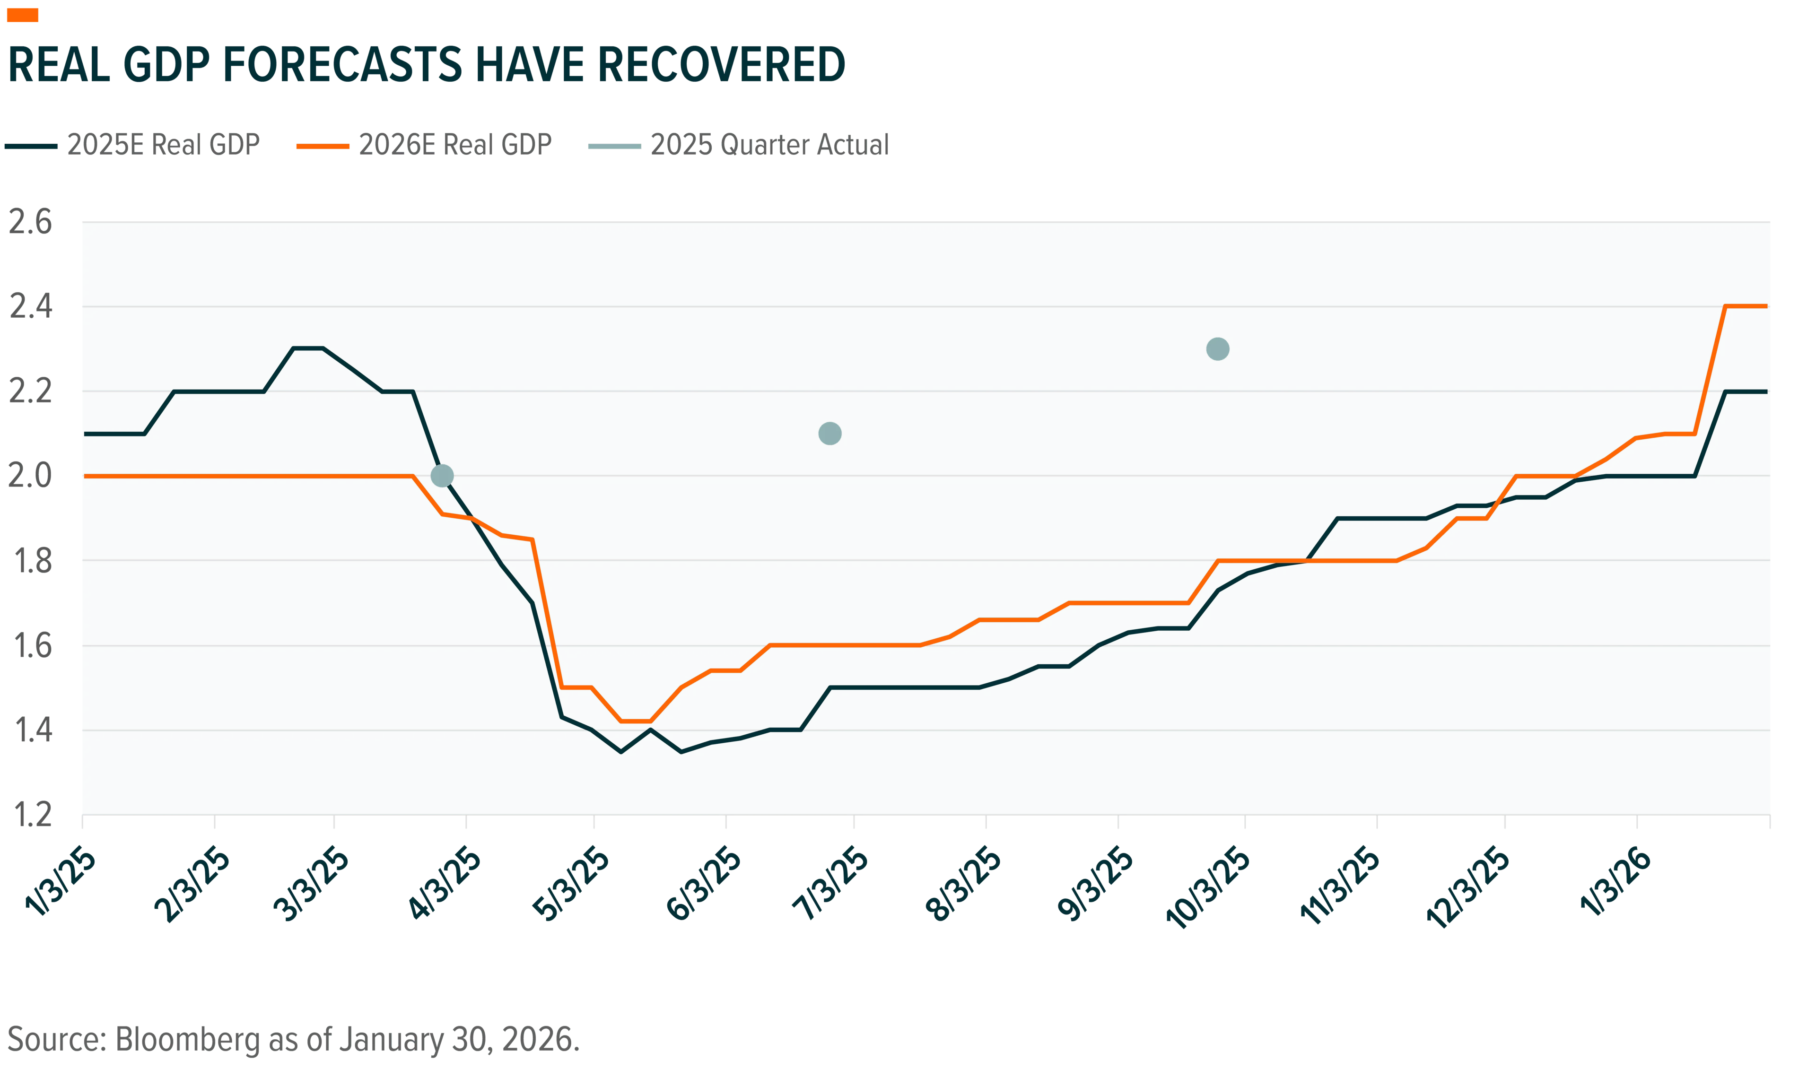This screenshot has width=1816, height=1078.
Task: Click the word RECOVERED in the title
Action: click(x=722, y=65)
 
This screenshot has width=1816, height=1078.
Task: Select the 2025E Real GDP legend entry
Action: click(x=132, y=145)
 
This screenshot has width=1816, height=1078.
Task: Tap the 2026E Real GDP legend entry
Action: click(x=424, y=145)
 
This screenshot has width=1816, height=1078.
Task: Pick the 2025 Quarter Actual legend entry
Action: click(x=738, y=145)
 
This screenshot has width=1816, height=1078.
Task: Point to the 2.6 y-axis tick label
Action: click(x=31, y=222)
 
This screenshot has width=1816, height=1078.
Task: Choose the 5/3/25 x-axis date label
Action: click(x=571, y=883)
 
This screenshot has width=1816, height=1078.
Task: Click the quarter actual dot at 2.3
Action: click(x=1217, y=348)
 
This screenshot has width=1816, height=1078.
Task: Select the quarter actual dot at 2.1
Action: click(x=829, y=434)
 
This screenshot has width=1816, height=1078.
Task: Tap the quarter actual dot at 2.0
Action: click(x=442, y=476)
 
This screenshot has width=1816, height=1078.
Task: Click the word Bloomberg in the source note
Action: click(x=187, y=1040)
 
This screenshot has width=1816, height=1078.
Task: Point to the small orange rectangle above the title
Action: click(x=23, y=15)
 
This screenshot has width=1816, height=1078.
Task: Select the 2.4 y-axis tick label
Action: click(x=31, y=306)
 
